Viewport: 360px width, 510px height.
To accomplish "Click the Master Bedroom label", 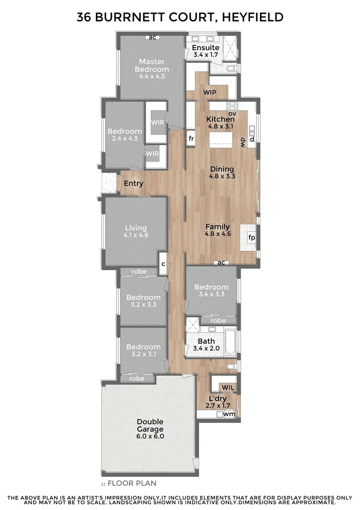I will [x=151, y=65].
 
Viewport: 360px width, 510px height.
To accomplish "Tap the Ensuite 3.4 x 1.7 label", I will [x=206, y=48].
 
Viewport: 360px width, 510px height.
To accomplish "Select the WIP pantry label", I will [x=209, y=93].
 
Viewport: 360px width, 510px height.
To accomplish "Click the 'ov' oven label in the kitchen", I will [x=232, y=113].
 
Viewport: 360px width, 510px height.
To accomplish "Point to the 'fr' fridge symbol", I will [x=191, y=139].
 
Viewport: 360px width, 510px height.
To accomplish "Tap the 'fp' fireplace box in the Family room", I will [x=251, y=238].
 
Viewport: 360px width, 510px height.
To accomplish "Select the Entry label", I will [x=133, y=184].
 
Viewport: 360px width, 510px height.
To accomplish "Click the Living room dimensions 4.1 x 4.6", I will [x=136, y=235].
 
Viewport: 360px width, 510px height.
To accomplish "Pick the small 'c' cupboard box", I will [x=163, y=263].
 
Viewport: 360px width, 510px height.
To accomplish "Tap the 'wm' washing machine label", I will [x=229, y=414].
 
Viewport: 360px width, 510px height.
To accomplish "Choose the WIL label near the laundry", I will [x=228, y=388].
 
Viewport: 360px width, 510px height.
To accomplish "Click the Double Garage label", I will [x=150, y=425].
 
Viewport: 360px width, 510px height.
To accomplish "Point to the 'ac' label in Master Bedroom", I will [x=152, y=37].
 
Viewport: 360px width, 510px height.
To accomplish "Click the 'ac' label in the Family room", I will [x=221, y=263].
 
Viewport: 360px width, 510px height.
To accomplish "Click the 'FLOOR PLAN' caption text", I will [x=132, y=483].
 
